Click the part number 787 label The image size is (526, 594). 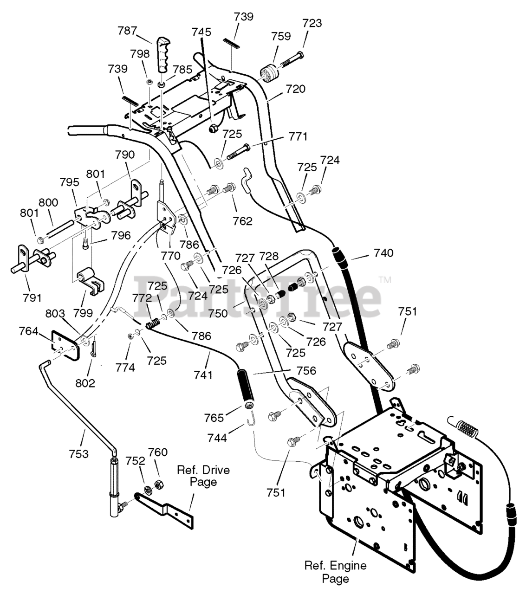pos(127,31)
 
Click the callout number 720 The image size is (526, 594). pos(295,89)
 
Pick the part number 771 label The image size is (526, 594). pos(298,136)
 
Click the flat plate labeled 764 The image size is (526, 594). pos(65,345)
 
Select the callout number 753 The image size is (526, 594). pos(78,454)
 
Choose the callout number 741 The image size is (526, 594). pos(203,374)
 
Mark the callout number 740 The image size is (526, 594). pos(383,253)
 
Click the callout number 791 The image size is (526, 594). pos(32,298)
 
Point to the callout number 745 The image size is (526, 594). pos(201,32)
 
